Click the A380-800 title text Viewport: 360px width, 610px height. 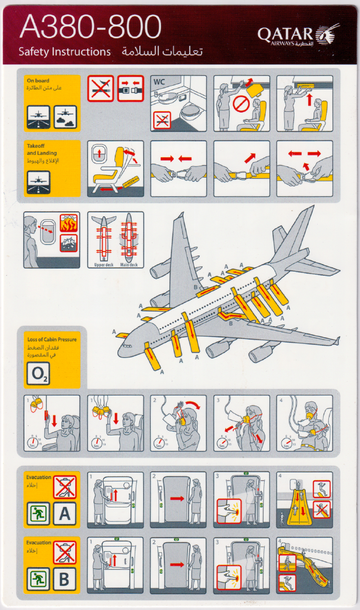[x=90, y=28]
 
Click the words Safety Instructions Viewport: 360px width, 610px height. [x=64, y=52]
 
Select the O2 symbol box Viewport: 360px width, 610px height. [x=37, y=375]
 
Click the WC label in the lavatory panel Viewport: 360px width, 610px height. [x=159, y=82]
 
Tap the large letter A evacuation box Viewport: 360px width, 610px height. [x=64, y=513]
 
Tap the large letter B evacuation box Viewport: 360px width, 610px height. [x=64, y=578]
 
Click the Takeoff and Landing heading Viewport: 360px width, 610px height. [x=42, y=150]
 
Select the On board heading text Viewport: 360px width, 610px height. [x=38, y=80]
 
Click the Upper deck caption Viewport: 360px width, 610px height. [x=103, y=264]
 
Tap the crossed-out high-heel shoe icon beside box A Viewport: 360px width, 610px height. [x=64, y=487]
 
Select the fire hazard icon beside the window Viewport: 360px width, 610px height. [x=69, y=223]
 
